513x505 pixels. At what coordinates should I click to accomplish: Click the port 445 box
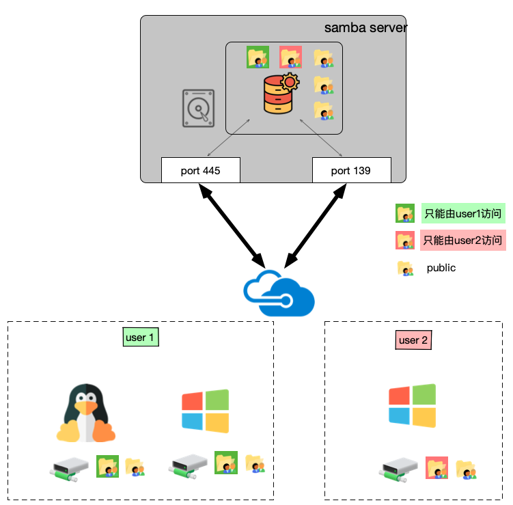201,170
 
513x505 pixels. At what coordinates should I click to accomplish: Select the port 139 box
351,170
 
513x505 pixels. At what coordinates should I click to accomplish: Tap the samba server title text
365,28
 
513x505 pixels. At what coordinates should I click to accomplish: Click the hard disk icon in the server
198,108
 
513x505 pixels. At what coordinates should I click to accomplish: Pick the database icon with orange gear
281,94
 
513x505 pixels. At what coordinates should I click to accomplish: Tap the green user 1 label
141,338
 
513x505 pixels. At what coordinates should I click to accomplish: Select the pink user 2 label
413,340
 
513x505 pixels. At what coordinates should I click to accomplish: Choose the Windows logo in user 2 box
412,405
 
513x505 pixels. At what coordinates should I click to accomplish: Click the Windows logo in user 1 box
205,411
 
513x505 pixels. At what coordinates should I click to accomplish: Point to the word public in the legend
441,268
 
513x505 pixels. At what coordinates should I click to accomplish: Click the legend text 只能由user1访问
462,214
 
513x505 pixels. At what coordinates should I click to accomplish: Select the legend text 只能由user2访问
462,241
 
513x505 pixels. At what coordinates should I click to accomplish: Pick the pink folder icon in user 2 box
436,467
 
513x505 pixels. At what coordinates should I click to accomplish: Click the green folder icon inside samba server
258,58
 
